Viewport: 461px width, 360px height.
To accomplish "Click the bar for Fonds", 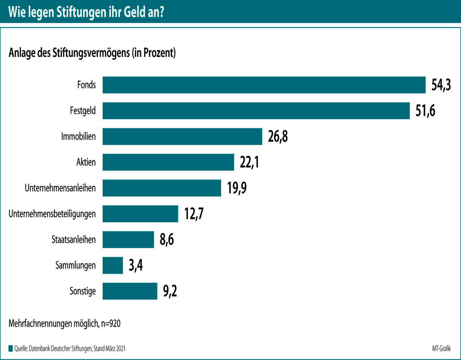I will point(264,85).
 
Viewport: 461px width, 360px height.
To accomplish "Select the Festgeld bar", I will point(256,111).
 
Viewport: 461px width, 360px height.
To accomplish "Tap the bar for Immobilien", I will point(182,136).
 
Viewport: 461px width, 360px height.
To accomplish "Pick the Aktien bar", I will point(168,162).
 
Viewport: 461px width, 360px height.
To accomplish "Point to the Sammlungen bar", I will point(113,265).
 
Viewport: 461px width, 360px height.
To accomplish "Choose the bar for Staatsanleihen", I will point(128,240).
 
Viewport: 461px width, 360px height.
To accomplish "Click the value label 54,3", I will point(441,85).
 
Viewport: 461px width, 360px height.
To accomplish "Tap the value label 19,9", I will point(237,188).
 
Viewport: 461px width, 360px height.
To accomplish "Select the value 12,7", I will point(194,214).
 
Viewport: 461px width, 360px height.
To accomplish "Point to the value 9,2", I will point(170,291).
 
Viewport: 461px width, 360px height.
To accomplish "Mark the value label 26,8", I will point(278,137).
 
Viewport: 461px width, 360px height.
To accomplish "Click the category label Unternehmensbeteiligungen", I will point(52,214).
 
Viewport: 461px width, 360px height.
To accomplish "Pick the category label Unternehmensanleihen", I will point(60,188).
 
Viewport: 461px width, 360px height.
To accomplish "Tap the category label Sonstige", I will point(82,291).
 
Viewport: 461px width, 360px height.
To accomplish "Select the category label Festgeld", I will point(83,111).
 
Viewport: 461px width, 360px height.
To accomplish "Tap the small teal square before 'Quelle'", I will point(10,348).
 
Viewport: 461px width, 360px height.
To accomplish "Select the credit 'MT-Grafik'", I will point(441,348).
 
